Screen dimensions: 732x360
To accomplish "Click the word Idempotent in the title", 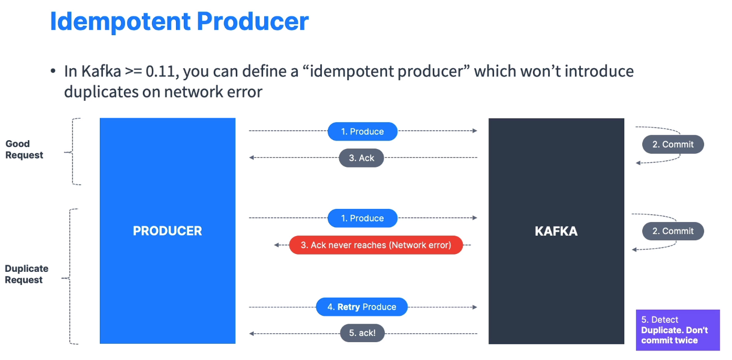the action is [x=120, y=22].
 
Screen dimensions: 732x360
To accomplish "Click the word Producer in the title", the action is [x=253, y=22].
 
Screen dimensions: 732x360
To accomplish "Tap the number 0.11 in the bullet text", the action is [x=161, y=71].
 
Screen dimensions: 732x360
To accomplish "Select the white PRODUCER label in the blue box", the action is [x=168, y=231].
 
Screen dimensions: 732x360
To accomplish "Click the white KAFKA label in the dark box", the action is [x=556, y=231].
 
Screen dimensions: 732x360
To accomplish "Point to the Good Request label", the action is [x=24, y=149].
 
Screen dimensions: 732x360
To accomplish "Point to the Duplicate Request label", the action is [x=26, y=274].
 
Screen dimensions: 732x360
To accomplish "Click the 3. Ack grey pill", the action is [x=361, y=158].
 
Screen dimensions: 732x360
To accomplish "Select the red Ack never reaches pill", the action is [x=376, y=245].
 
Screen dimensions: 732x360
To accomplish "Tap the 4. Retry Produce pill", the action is [x=362, y=307].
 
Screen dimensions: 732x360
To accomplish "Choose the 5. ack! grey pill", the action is [x=362, y=333].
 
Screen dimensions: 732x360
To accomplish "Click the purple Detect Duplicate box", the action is [x=678, y=330].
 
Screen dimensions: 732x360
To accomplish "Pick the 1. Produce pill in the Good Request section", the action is [x=362, y=132].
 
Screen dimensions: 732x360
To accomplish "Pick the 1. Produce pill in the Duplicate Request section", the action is [x=362, y=218].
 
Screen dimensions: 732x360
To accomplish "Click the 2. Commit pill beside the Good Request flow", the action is [x=673, y=144].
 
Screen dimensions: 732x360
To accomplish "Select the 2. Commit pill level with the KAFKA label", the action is [x=673, y=231].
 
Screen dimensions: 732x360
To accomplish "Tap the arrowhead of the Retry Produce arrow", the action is [x=475, y=307].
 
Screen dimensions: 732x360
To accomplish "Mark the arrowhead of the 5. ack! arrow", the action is [x=252, y=334].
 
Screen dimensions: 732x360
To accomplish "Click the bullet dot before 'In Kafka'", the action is [x=53, y=71].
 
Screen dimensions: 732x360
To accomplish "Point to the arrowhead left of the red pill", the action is [x=276, y=245].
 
